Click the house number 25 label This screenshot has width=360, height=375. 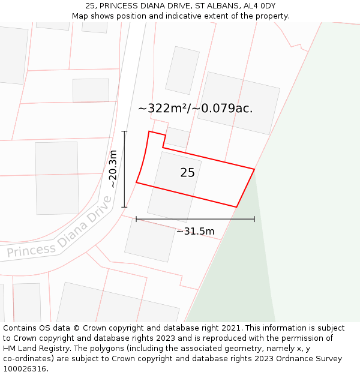coord(187,173)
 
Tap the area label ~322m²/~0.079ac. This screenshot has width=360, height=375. coord(195,109)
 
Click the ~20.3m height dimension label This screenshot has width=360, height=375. coord(113,169)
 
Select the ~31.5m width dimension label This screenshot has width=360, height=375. coord(195,232)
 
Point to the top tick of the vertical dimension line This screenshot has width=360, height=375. coord(124,131)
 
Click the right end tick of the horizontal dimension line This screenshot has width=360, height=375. coord(254,219)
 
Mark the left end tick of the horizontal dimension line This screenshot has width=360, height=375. coord(136,219)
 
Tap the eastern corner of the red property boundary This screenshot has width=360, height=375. coord(254,169)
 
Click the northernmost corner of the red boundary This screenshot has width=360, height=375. coord(149,131)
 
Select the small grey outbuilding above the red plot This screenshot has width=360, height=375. coord(177,137)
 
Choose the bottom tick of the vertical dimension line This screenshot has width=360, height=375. coord(124,207)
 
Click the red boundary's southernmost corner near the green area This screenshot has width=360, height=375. coord(236,207)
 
